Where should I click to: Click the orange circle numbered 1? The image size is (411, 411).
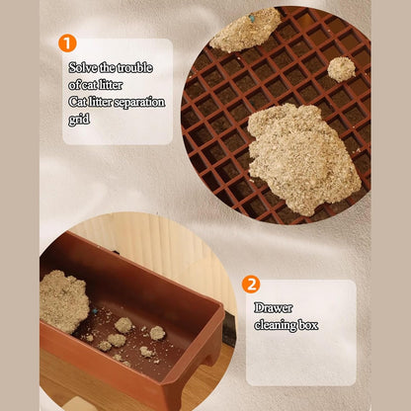(x=67, y=43)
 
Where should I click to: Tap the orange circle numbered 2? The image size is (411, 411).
(x=251, y=285)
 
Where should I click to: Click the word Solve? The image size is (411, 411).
(x=83, y=67)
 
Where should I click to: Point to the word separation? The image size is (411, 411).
(x=139, y=103)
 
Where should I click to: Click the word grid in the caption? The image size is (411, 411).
(x=79, y=120)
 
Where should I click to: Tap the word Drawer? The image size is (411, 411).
(x=273, y=308)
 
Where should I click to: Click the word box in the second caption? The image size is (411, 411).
(x=308, y=325)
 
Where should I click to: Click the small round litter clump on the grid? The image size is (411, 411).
(x=342, y=69)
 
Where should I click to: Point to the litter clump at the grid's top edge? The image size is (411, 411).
(x=245, y=31)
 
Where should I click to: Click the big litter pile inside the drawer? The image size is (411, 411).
(x=64, y=301)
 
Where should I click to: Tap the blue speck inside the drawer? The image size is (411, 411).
(x=95, y=310)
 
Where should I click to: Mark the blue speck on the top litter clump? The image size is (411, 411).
(x=252, y=18)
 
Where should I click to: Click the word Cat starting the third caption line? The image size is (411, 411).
(x=78, y=102)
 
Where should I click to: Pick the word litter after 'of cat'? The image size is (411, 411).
(x=111, y=85)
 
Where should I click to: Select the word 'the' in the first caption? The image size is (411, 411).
(x=108, y=67)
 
